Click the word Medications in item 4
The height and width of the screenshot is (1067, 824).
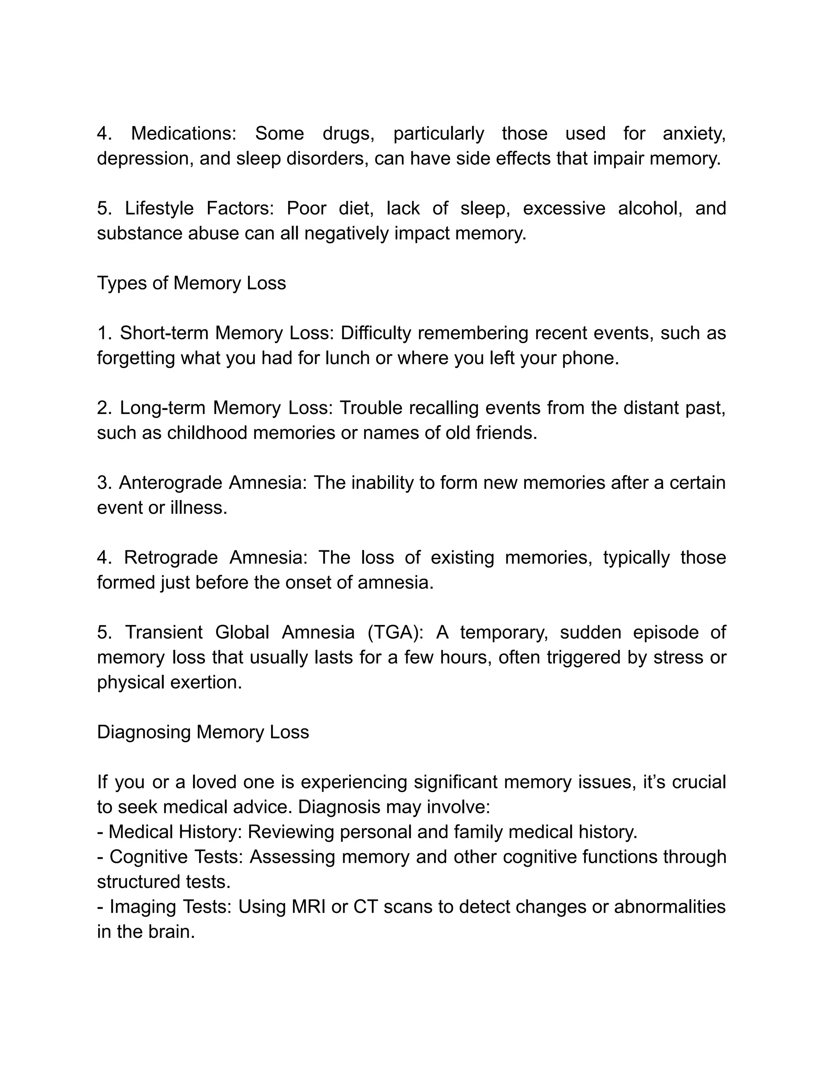(x=183, y=133)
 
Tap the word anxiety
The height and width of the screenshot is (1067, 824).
(x=694, y=133)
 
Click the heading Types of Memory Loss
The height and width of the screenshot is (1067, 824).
(x=192, y=283)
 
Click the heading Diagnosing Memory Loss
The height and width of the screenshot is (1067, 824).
(x=203, y=732)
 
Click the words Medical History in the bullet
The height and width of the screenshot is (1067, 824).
(x=175, y=832)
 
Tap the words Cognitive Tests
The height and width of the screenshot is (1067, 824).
(x=176, y=857)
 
